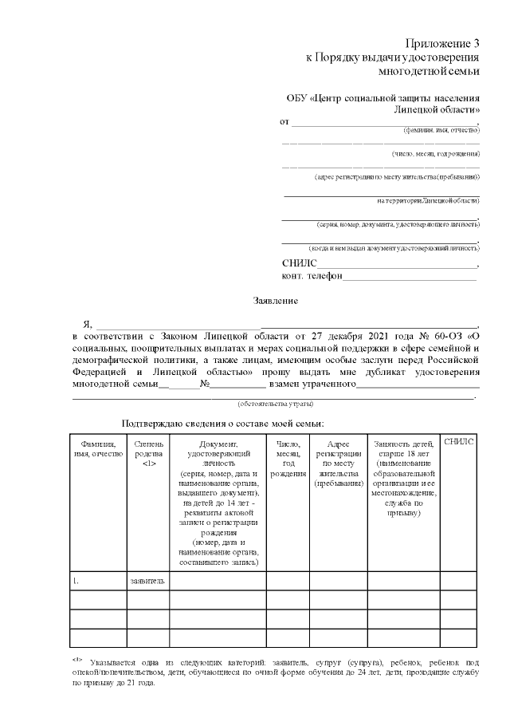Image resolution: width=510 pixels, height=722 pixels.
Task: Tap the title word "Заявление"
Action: [x=276, y=301]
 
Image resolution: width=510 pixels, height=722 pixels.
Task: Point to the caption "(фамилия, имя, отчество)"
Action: [x=441, y=129]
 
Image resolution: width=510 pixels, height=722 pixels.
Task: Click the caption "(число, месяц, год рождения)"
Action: [x=435, y=153]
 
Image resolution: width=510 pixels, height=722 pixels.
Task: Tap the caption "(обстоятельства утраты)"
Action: [x=275, y=404]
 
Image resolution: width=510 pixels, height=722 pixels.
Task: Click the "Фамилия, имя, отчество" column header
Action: [x=98, y=449]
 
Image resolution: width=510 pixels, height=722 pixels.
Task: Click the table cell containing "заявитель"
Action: [x=147, y=582]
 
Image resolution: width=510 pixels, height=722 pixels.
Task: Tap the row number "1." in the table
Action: [x=76, y=582]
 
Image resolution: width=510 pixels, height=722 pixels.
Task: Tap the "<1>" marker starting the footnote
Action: [x=77, y=660]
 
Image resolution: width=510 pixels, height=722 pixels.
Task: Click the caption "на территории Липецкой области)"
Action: [x=428, y=200]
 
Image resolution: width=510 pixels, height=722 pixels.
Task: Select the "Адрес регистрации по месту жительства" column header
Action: [x=339, y=463]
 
